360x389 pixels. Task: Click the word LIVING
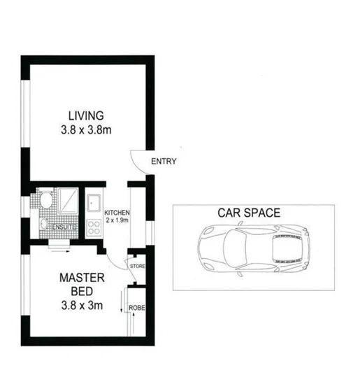click(x=86, y=115)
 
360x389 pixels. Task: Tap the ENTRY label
click(x=164, y=162)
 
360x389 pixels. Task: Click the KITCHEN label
click(x=117, y=212)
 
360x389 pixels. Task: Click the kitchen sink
click(x=93, y=204)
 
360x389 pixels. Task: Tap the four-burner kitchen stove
click(x=93, y=227)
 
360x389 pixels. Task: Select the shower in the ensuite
click(x=68, y=201)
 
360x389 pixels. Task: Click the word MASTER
click(x=81, y=278)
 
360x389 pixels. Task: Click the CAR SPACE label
click(x=249, y=213)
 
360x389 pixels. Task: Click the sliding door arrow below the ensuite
click(x=59, y=246)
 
